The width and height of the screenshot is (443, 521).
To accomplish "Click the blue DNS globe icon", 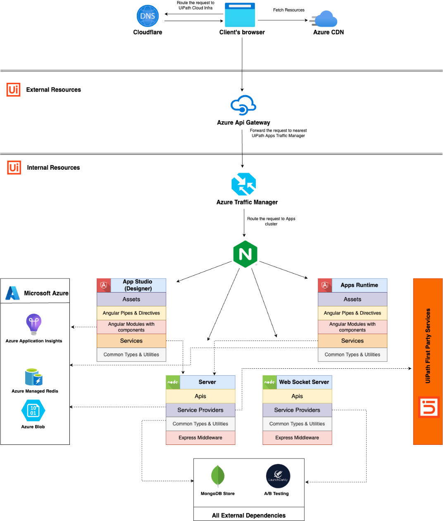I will click(148, 16).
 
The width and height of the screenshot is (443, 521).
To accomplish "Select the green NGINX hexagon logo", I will click(245, 254).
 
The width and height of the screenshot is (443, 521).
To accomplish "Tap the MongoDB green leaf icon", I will click(217, 476).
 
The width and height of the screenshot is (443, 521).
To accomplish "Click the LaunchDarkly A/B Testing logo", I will click(278, 476).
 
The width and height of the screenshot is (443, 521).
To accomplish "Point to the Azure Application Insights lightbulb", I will click(33, 324).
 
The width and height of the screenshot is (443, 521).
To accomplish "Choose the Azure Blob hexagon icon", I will click(33, 411).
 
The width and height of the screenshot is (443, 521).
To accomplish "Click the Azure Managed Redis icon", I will click(34, 377).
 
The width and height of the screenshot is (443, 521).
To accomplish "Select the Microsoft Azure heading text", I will click(46, 293).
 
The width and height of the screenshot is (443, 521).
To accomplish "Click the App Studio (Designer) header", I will click(138, 285).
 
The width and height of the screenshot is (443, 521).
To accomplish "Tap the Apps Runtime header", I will click(359, 285).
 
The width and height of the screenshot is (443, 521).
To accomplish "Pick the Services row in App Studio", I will click(131, 341).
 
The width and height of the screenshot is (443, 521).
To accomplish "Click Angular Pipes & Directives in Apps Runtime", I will click(352, 313).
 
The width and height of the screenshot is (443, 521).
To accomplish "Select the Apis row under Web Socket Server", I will click(297, 396).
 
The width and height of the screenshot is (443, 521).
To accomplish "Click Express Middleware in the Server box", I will click(200, 437).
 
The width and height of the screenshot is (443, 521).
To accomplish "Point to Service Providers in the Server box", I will click(200, 410).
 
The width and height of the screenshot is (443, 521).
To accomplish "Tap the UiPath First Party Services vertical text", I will click(428, 346).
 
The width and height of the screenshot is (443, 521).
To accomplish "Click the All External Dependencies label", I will click(249, 515).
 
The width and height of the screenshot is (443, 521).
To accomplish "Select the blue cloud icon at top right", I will click(324, 19).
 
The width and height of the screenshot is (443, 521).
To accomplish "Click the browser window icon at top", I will click(240, 15).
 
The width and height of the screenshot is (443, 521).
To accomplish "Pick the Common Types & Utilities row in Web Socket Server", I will click(297, 424).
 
